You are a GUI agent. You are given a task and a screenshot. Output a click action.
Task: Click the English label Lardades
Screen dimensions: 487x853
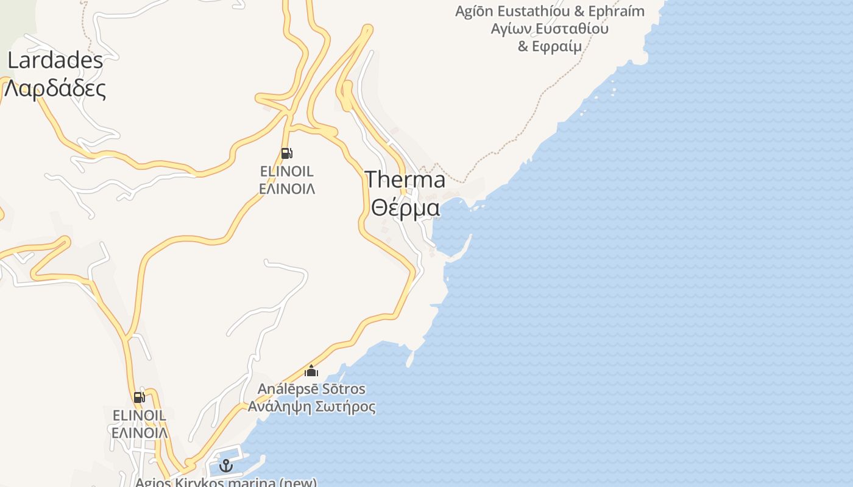[x=55, y=60]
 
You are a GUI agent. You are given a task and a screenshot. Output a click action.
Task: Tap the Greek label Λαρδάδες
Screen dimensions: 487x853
[x=55, y=88]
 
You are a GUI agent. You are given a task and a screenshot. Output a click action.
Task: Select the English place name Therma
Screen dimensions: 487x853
[x=405, y=180]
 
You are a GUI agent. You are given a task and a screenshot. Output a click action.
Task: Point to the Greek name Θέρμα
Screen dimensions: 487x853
[x=405, y=208]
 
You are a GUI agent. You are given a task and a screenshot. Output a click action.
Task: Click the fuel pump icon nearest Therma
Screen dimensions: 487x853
[x=286, y=153]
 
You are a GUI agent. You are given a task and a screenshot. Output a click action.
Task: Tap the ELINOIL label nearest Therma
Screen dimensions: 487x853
[x=287, y=172]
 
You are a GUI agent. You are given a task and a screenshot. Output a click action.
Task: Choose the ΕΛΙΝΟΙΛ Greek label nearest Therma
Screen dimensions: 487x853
[x=287, y=189]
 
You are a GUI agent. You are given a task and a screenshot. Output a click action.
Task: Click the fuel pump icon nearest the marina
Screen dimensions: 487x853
[x=140, y=398]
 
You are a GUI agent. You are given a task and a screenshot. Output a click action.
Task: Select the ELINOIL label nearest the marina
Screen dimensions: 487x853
[x=139, y=415]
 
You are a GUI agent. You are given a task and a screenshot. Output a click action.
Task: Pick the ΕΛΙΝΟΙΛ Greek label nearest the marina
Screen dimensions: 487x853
[x=139, y=432]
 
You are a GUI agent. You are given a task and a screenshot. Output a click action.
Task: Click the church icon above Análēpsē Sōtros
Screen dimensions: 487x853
[x=311, y=370]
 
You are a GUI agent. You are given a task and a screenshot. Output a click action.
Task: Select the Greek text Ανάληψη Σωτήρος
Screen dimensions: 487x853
[x=311, y=406]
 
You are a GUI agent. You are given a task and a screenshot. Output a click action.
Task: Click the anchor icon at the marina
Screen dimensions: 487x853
[x=226, y=466]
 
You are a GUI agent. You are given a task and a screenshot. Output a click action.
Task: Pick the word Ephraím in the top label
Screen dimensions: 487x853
[x=616, y=12]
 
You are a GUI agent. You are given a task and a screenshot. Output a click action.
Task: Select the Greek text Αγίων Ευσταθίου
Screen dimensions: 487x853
[x=550, y=29]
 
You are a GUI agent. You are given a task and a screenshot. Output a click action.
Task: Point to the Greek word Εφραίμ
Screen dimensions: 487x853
[x=557, y=46]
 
